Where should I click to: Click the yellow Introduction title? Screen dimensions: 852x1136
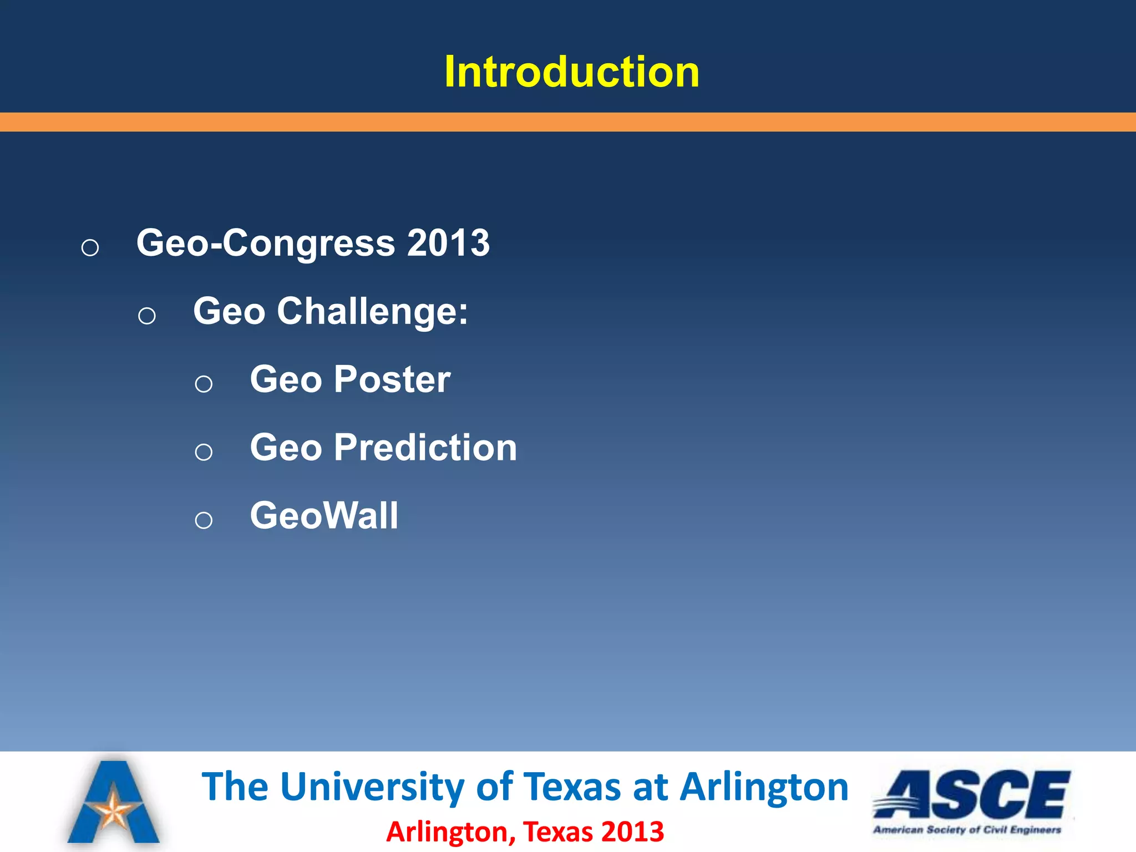(x=571, y=72)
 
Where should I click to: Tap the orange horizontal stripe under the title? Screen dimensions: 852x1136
(x=568, y=122)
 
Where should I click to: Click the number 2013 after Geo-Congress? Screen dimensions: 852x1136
(x=448, y=243)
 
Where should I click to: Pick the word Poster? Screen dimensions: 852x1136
(x=392, y=380)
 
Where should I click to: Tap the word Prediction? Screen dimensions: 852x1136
(x=425, y=448)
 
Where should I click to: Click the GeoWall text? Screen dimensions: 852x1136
(x=324, y=516)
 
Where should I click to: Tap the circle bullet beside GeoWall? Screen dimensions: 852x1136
(x=204, y=520)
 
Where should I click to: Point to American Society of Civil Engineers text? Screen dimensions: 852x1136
(x=967, y=830)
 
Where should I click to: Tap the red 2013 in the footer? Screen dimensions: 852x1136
(x=632, y=832)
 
